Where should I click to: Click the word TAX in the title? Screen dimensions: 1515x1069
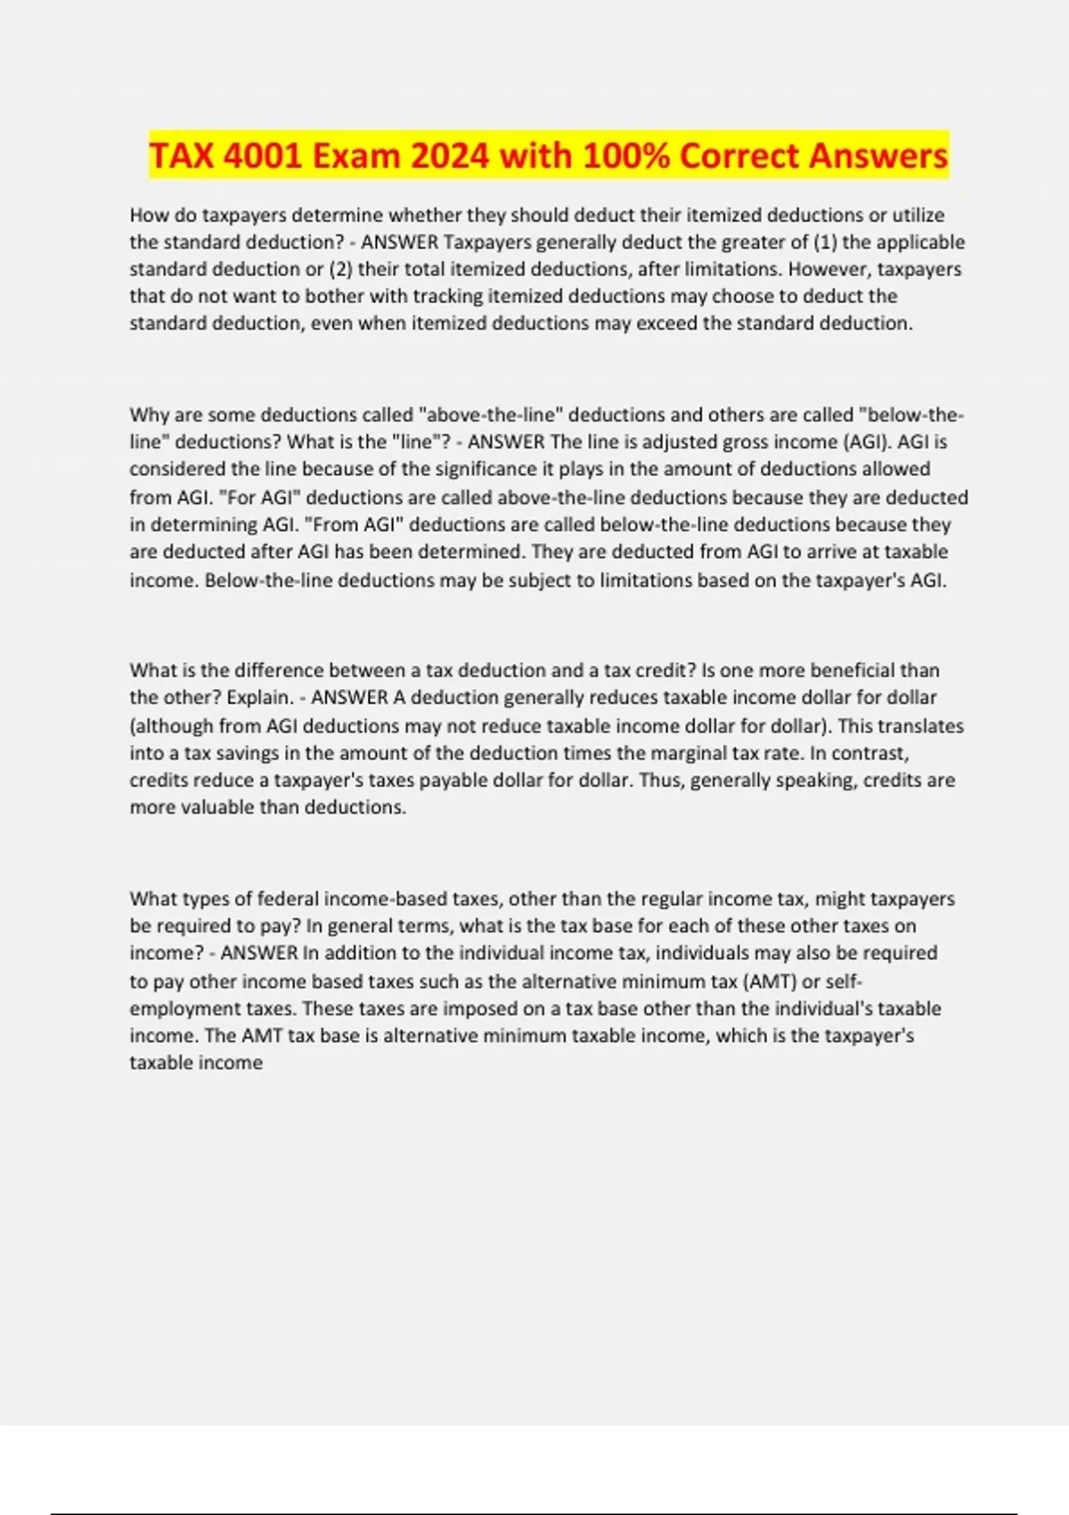pyautogui.click(x=182, y=156)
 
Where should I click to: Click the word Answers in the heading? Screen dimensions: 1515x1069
pyautogui.click(x=878, y=156)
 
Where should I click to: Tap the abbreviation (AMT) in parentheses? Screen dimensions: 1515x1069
pyautogui.click(x=770, y=981)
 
